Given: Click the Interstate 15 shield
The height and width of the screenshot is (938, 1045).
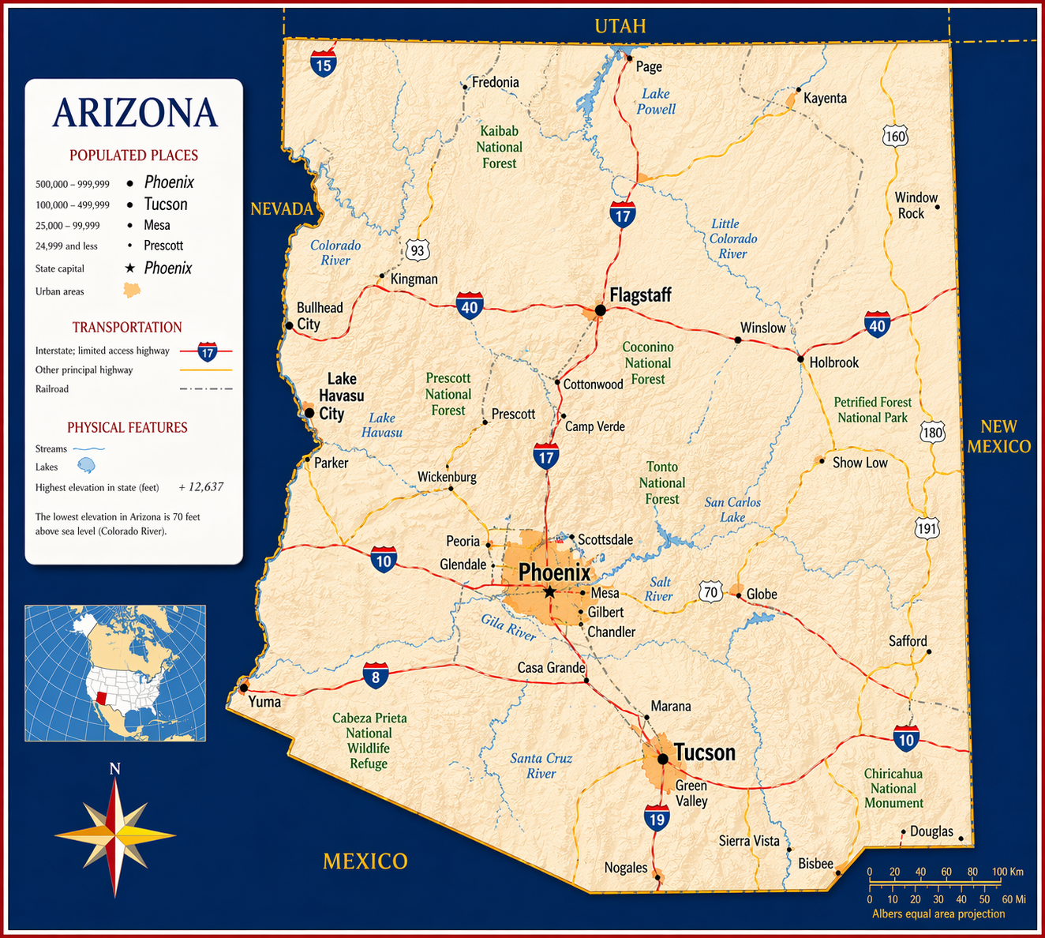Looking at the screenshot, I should pos(323,63).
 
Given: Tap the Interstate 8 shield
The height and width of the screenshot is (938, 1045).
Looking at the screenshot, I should pos(376,676).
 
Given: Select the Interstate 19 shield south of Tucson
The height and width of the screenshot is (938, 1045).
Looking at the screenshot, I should pos(657,818).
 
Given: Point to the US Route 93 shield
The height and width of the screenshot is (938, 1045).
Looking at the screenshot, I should pos(418,250).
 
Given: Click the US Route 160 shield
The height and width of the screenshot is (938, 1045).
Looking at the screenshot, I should pos(895,136).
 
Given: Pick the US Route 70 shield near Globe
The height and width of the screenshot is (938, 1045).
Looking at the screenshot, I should pos(710,591).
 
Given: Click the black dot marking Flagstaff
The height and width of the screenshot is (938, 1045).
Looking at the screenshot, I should pos(600,310).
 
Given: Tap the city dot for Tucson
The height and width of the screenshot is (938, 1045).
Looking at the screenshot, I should pos(663,759).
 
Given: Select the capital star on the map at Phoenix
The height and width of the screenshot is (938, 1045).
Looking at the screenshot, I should pos(549,591).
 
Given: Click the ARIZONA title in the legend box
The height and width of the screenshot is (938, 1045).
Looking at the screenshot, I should pos(134,113).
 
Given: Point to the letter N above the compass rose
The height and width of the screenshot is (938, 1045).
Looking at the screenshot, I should pos(114,768).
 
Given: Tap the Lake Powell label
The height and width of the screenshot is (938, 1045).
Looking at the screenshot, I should pos(656,101).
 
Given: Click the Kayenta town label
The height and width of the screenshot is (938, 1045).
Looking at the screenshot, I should pos(825,98).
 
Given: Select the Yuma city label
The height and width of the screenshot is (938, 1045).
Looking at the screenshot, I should pos(264,701).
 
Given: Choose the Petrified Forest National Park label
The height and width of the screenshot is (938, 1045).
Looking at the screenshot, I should pos(872,410).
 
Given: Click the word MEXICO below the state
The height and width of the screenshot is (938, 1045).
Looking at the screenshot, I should pos(365,861).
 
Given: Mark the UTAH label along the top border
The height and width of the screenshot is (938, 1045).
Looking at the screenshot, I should pos(620,26).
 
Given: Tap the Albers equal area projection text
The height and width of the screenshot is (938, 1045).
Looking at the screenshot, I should pos(938,914).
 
